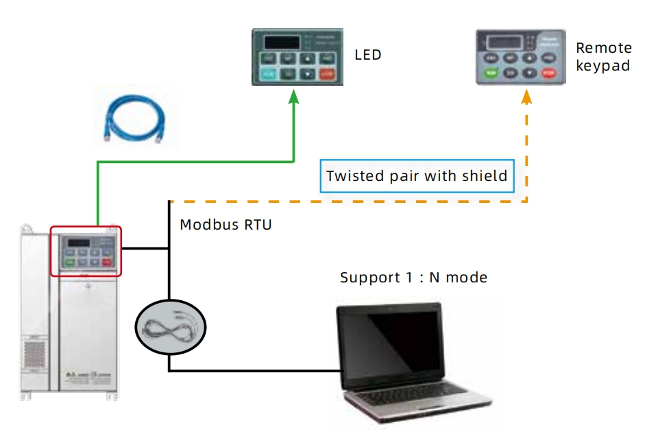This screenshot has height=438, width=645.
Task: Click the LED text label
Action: coord(367,55)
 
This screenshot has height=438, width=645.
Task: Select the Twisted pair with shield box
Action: coord(417,176)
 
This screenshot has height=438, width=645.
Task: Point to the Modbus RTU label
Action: coord(226,224)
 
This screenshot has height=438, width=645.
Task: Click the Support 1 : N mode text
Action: coord(413,278)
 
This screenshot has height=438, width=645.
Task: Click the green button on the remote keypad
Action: coord(491,73)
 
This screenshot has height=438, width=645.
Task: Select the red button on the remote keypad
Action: coord(548,73)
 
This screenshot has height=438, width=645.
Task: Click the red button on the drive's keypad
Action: coord(107,261)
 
